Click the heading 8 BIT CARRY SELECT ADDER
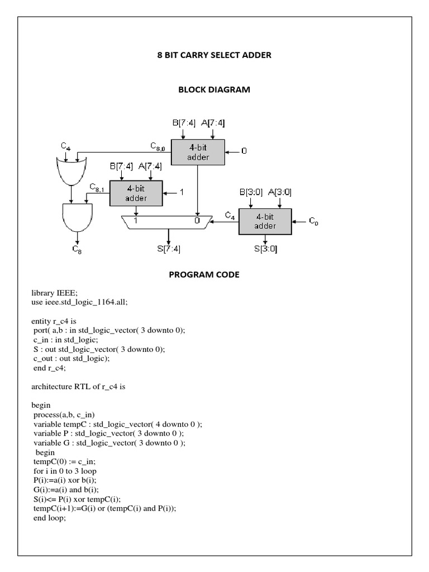click(x=214, y=55)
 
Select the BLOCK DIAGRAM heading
click(x=214, y=89)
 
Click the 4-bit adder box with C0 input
click(x=265, y=221)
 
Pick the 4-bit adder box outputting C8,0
click(x=198, y=152)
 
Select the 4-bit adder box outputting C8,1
click(x=136, y=194)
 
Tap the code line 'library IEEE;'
click(x=55, y=293)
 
